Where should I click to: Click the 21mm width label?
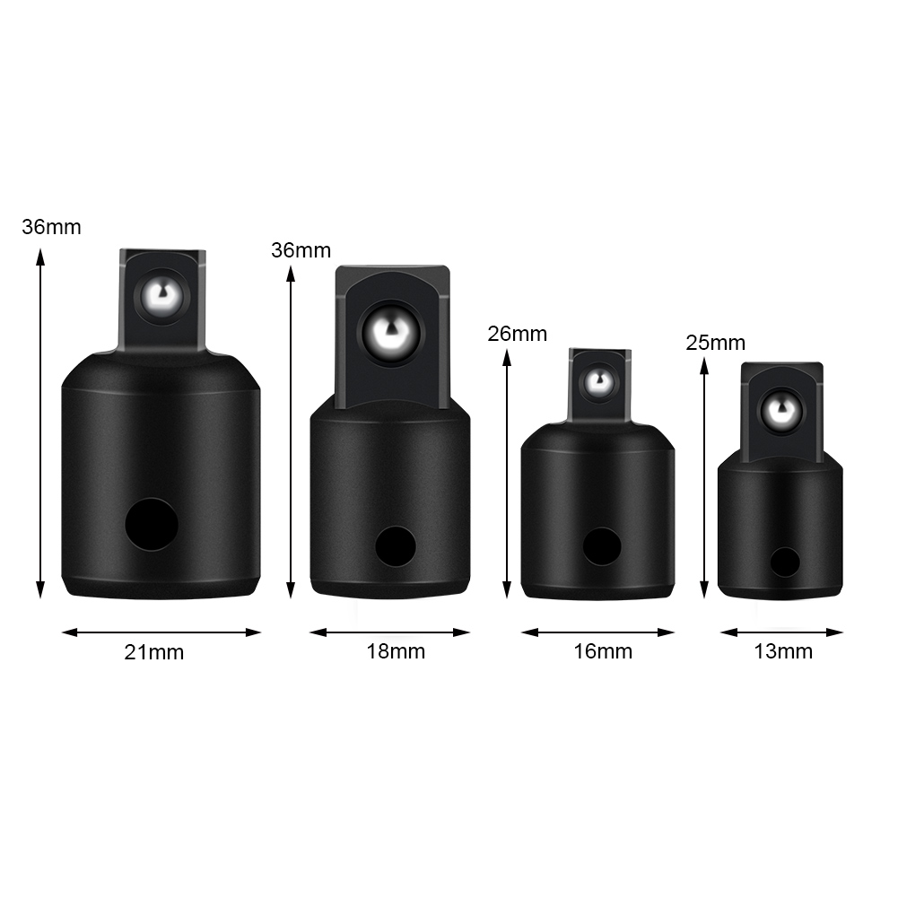(154, 652)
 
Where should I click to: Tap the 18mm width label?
(396, 651)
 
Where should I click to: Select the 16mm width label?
(603, 651)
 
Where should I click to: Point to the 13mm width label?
(783, 651)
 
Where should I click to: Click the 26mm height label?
(517, 334)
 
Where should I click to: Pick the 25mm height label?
(715, 343)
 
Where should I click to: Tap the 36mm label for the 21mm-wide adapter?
(51, 227)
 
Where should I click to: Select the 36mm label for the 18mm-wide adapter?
(301, 250)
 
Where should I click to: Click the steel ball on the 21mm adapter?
(162, 297)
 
